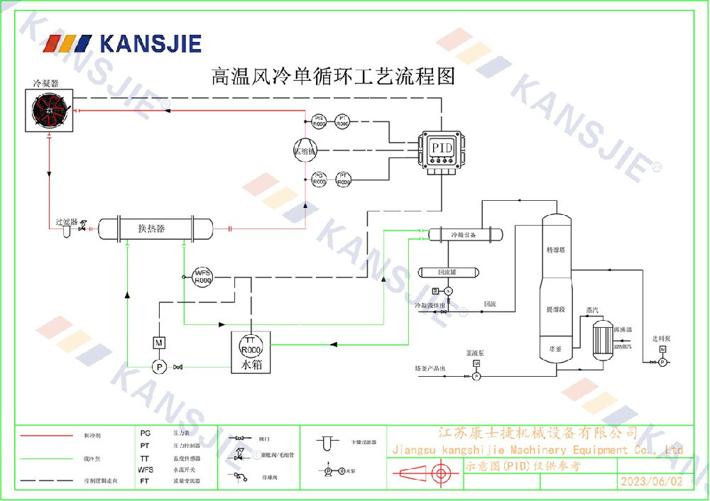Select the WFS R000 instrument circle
pyautogui.click(x=203, y=276)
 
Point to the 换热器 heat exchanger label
pyautogui.click(x=151, y=229)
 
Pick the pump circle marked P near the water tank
pyautogui.click(x=160, y=366)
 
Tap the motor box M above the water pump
pyautogui.click(x=159, y=343)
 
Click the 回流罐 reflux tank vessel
pyautogui.click(x=447, y=272)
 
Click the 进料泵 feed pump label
pyautogui.click(x=662, y=338)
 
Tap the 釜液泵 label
pyautogui.click(x=475, y=353)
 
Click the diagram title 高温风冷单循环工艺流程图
pyautogui.click(x=333, y=76)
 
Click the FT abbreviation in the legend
pyautogui.click(x=145, y=480)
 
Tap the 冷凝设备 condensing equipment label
pyautogui.click(x=463, y=234)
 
